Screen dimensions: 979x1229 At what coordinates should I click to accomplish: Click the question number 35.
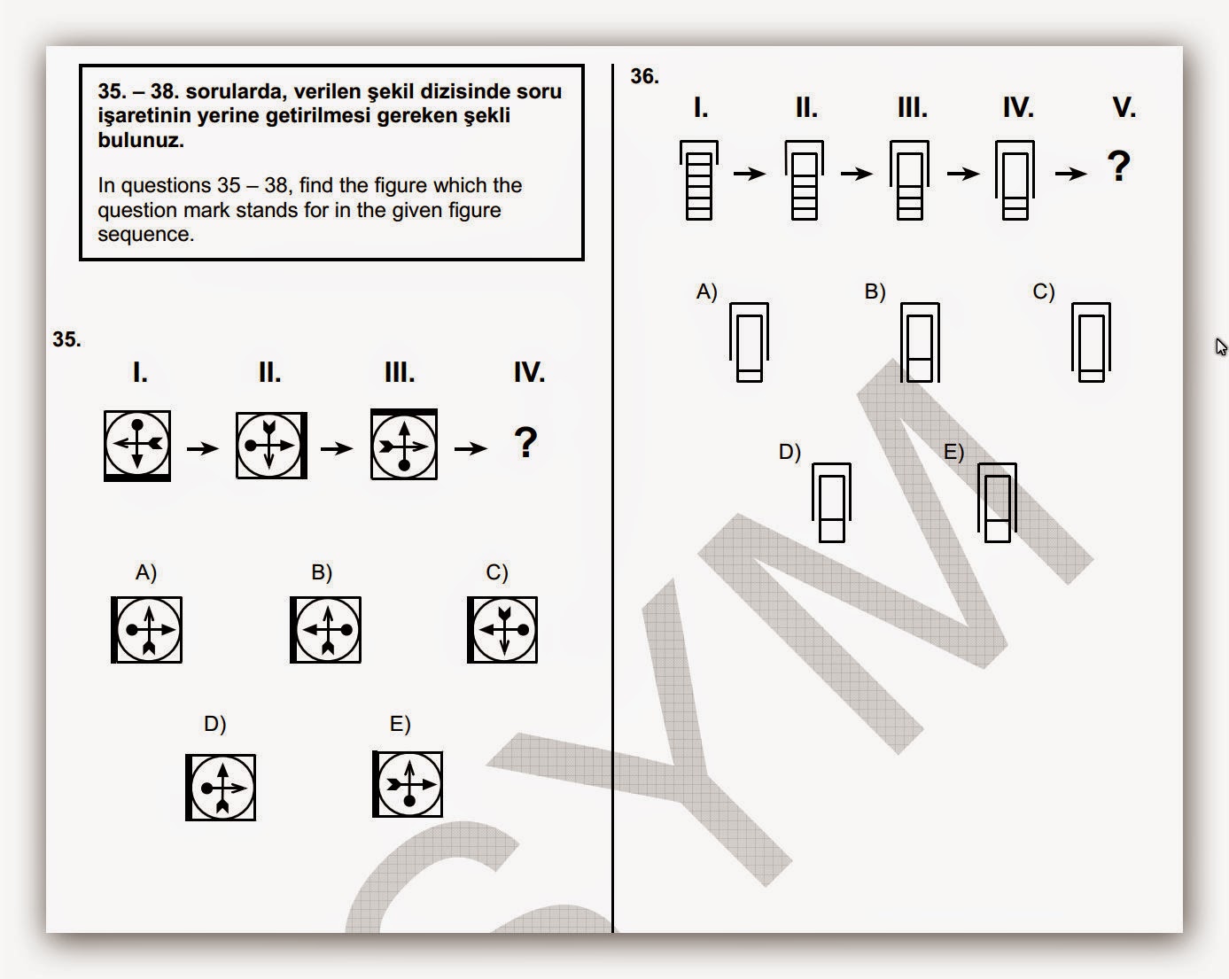[x=66, y=339]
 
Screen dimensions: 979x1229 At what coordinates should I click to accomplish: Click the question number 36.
[x=644, y=76]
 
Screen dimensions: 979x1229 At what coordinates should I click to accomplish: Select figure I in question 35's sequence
[x=137, y=445]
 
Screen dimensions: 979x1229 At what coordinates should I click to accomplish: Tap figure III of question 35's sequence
[x=404, y=445]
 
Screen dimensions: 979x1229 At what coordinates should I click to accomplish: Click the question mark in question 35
[x=525, y=443]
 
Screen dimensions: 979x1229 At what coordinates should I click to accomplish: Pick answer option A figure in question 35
[x=147, y=630]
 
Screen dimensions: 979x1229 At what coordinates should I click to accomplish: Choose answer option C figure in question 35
[x=502, y=630]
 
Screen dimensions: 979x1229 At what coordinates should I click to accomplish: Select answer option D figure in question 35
[x=221, y=788]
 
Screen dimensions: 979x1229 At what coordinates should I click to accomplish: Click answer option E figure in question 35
[x=408, y=784]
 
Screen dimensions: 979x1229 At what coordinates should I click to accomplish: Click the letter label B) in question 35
[x=322, y=573]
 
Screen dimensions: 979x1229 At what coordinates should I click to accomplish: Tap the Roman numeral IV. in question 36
[x=1018, y=108]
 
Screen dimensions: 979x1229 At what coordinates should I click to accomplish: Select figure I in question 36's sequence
[x=699, y=180]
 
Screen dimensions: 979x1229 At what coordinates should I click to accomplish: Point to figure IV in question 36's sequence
[x=1015, y=180]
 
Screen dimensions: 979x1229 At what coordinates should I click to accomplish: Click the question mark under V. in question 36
[x=1119, y=167]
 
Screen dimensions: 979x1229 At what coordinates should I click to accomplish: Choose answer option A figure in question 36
[x=749, y=342]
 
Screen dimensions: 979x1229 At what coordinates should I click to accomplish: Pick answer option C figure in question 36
[x=1091, y=342]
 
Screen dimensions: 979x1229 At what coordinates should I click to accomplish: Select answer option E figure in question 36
[x=998, y=502]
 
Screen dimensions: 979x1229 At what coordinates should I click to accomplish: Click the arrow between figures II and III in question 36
[x=857, y=173]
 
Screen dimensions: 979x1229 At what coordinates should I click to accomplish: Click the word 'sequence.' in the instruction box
[x=145, y=235]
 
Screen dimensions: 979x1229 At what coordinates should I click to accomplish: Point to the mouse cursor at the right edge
[x=1220, y=346]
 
